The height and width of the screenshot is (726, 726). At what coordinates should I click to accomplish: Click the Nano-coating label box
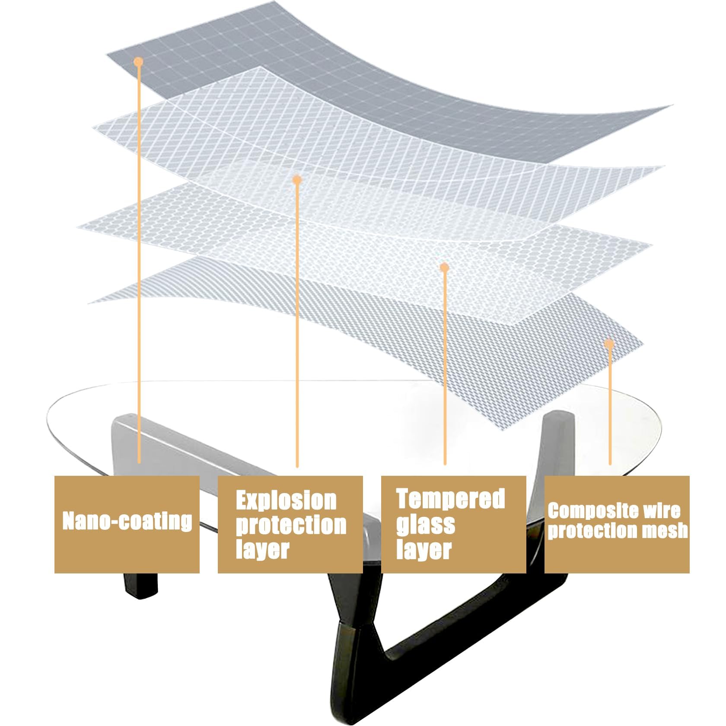[127, 524]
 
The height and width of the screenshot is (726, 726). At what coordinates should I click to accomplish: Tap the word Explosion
[286, 500]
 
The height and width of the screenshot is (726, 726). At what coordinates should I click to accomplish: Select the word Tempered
[451, 499]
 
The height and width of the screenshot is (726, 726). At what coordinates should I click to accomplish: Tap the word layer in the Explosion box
[262, 549]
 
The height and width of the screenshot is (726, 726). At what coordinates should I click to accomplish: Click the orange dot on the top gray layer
[138, 62]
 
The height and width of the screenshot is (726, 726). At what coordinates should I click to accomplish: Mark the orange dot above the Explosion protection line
[296, 179]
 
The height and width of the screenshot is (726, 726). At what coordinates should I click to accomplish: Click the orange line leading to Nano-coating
[139, 259]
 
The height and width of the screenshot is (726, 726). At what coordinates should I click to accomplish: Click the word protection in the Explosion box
[291, 525]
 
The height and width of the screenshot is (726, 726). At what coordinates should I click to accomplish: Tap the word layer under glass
[423, 549]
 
